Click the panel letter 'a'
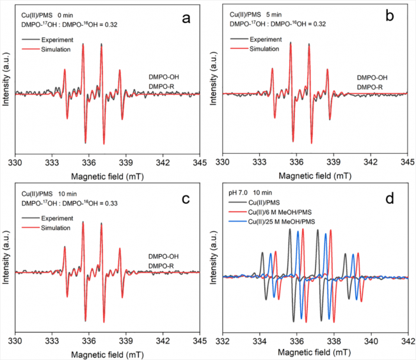186,18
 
